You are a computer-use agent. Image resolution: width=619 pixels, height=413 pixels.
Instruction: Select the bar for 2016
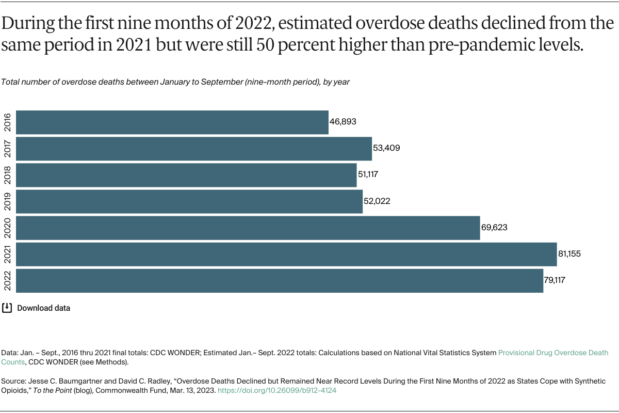point(172,122)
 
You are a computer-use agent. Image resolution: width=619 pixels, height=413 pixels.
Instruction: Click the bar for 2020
point(248,228)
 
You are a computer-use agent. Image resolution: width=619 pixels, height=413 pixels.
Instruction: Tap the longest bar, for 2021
point(286,254)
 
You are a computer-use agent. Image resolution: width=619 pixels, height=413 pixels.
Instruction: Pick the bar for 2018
point(186,175)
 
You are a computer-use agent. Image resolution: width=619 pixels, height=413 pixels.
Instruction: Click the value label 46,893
point(343,122)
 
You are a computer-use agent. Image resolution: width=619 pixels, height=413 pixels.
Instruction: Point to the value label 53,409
point(386,148)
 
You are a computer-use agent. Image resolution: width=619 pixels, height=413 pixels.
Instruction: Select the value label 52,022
point(377,201)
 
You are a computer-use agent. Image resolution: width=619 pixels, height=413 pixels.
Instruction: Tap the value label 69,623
point(495,228)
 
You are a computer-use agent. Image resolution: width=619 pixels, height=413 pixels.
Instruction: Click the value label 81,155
point(572,254)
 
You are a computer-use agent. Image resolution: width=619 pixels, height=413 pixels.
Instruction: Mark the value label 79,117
point(558,280)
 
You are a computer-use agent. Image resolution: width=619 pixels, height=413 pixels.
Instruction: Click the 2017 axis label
point(8,148)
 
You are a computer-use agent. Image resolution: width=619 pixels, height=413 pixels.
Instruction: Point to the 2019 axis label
point(8,201)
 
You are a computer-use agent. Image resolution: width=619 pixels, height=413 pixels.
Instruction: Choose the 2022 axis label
point(8,280)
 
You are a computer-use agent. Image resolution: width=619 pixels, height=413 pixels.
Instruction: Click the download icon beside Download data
point(7,308)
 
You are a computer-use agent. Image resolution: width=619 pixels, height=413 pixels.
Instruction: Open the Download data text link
point(43,308)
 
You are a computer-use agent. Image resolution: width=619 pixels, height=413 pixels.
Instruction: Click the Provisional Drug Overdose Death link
point(553,353)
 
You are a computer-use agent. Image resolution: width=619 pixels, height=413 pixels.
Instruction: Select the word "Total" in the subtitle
point(11,82)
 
